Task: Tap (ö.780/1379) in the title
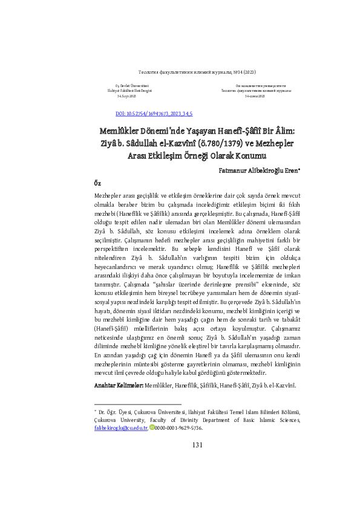coord(215,143)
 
